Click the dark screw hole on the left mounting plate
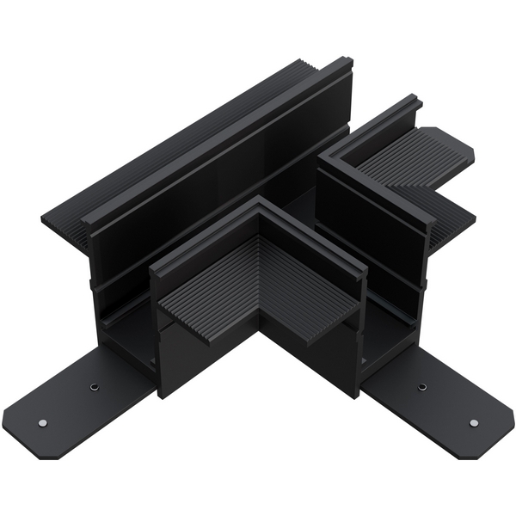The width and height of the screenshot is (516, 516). click(x=92, y=389)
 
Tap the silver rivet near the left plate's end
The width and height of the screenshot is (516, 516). click(x=41, y=423)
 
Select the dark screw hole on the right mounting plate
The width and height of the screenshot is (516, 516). click(x=421, y=387)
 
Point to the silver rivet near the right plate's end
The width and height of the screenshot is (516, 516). click(x=473, y=422)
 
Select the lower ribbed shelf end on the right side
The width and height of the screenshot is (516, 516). click(x=456, y=224)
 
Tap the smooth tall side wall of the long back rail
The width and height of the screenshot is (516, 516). click(x=215, y=172)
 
